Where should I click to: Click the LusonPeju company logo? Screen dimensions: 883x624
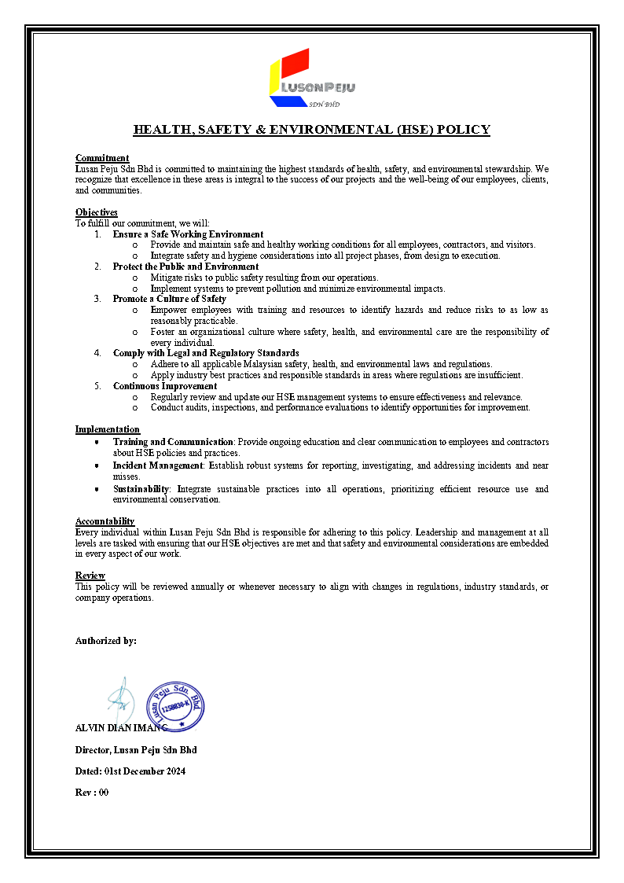pyautogui.click(x=311, y=79)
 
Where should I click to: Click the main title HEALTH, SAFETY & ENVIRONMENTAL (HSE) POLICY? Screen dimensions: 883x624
pyautogui.click(x=311, y=130)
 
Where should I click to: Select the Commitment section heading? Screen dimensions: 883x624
pyautogui.click(x=102, y=158)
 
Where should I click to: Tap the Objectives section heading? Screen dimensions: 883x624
pyautogui.click(x=97, y=212)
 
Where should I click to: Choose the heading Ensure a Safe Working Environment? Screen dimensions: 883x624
pyautogui.click(x=188, y=234)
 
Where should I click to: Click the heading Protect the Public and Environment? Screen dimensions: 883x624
pyautogui.click(x=185, y=267)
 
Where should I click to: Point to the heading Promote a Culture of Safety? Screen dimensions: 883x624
pyautogui.click(x=169, y=299)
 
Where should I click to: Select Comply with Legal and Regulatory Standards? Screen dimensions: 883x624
pyautogui.click(x=206, y=353)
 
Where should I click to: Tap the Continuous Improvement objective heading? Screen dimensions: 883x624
pyautogui.click(x=165, y=386)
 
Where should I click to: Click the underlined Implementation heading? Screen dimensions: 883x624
pyautogui.click(x=108, y=429)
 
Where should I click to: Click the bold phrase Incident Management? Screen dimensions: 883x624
pyautogui.click(x=158, y=465)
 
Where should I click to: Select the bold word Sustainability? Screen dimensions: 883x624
pyautogui.click(x=141, y=489)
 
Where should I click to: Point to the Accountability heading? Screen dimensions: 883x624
pyautogui.click(x=105, y=521)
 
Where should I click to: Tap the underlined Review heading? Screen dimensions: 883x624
pyautogui.click(x=90, y=576)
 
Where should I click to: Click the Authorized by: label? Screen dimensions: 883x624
pyautogui.click(x=106, y=641)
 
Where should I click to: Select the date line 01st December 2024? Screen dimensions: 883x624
pyautogui.click(x=130, y=771)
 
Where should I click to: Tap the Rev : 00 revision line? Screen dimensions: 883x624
pyautogui.click(x=92, y=793)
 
